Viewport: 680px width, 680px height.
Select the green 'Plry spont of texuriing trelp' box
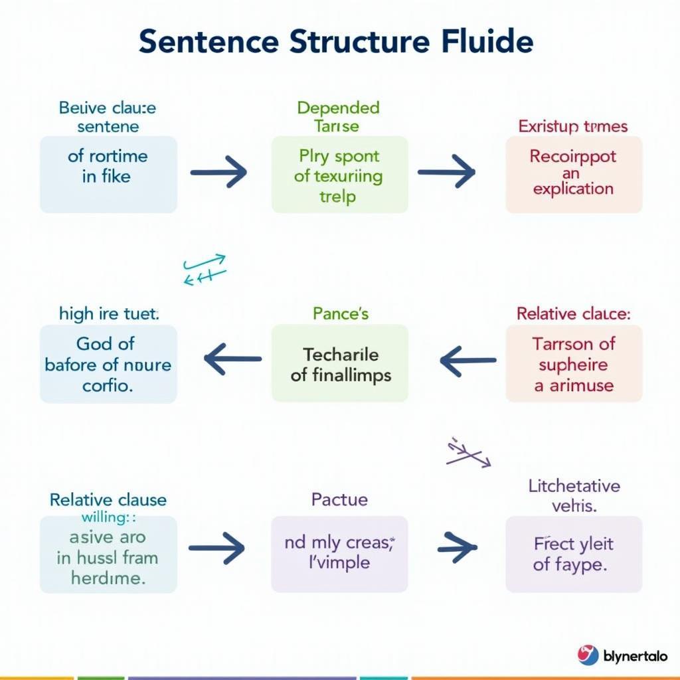[x=339, y=175]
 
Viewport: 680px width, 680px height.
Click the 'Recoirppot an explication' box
[x=574, y=175]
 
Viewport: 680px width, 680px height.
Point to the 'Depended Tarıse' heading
[x=339, y=116]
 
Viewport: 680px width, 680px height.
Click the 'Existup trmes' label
[x=573, y=126]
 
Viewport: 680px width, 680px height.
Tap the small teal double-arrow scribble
[x=205, y=270]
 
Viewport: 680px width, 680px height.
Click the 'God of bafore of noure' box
[x=108, y=364]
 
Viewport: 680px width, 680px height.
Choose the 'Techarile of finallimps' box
[x=339, y=364]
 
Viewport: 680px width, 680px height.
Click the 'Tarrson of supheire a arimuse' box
[x=574, y=364]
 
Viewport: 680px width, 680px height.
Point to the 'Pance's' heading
[x=340, y=313]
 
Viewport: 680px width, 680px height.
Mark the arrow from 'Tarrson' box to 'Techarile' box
[x=467, y=361]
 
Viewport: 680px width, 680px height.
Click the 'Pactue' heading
[x=339, y=499]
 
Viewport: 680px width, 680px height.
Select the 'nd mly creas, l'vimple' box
[x=339, y=554]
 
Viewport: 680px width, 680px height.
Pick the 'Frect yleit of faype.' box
[x=574, y=554]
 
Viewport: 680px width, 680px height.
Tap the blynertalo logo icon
[x=588, y=655]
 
